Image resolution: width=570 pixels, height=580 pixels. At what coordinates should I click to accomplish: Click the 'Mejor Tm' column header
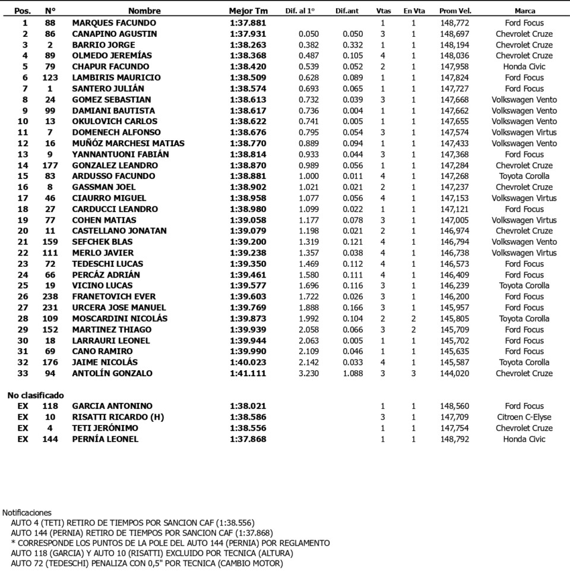coord(248,11)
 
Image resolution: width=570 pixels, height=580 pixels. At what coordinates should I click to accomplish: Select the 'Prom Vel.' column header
coord(455,11)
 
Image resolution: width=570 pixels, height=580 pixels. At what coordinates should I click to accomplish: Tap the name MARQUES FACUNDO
coord(106,23)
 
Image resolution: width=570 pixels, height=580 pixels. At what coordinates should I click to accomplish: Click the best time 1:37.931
coord(248,34)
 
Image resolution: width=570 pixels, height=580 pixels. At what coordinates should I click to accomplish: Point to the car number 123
coord(50,78)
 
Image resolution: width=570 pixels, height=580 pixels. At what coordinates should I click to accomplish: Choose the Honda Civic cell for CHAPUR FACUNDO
coord(524,67)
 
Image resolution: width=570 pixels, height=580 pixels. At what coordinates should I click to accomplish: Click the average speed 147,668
coord(455,100)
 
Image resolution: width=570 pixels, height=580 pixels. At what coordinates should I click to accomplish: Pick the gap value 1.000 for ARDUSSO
coord(309,176)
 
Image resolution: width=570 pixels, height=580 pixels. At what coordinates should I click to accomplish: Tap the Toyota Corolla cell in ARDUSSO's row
coord(524,176)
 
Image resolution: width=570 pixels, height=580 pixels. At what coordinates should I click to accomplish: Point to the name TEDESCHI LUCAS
coord(107,264)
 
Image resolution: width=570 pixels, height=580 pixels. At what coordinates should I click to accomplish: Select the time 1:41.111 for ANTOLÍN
coord(248,373)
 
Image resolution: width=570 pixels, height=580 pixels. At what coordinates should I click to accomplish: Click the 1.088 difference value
coord(353,373)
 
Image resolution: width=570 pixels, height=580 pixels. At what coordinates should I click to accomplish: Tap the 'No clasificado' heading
coord(35,395)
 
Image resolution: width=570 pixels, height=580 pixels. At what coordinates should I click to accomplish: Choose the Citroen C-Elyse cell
coord(524,417)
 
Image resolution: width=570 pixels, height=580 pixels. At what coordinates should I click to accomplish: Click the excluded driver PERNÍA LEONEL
coord(105,439)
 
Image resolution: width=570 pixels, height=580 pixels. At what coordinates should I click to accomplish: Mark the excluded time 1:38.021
coord(248,406)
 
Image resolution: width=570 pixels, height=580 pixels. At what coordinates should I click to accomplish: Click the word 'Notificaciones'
coord(27,512)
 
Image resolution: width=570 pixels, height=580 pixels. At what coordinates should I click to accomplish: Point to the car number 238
coord(50,297)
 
